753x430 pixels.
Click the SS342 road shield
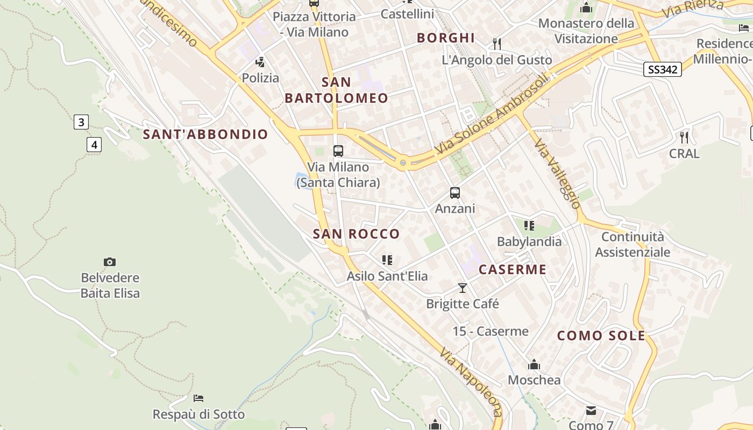[662, 69]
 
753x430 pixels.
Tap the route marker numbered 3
[81, 122]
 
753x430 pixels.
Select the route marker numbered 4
[94, 144]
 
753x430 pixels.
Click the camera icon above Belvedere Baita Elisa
[110, 262]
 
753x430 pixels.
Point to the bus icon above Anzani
[455, 192]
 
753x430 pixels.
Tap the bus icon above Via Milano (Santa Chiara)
[338, 151]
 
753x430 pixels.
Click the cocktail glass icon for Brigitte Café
[463, 288]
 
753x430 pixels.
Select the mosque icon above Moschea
[534, 364]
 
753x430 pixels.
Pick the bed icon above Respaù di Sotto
[198, 398]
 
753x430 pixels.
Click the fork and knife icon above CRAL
[684, 137]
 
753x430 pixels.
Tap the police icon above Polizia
[260, 62]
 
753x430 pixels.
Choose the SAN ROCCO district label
[356, 234]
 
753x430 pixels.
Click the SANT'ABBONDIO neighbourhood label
[205, 134]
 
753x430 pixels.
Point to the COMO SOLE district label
[601, 336]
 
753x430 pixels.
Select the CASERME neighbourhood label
[513, 269]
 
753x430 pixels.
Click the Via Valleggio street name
[557, 173]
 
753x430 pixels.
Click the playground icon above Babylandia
[529, 226]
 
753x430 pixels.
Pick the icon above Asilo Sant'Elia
[387, 260]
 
